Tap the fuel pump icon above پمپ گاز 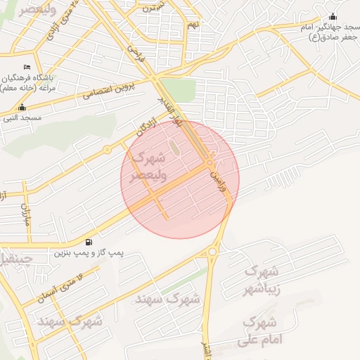(x=86, y=241)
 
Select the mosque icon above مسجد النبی (x=22, y=108)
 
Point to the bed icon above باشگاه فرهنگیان (x=27, y=67)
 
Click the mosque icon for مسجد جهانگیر (x=333, y=16)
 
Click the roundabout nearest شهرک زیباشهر (x=212, y=250)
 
